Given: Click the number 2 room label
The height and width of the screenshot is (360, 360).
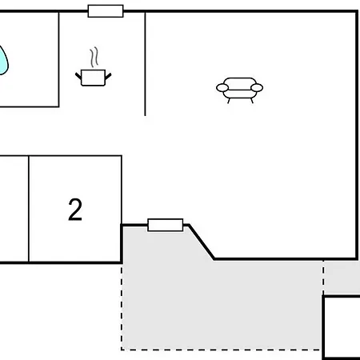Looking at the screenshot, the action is pos(75,210).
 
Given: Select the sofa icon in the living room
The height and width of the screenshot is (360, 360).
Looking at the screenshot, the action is pos(239,90).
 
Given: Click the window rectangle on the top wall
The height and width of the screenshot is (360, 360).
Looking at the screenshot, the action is pos(106,11).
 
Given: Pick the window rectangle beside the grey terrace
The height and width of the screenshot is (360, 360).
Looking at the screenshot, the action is pos(166,225).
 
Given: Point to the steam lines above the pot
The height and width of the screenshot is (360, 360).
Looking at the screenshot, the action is pos(94,57).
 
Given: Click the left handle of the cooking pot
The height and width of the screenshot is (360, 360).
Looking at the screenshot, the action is pos(78,76).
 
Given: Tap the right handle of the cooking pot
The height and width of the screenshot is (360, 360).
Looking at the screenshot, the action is pos(108,77).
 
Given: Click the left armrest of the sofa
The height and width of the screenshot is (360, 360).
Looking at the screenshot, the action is pos(222,88).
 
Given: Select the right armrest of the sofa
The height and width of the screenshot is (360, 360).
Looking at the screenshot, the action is pos(257,88).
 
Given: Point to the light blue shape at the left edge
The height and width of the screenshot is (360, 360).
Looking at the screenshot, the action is pos(3,61).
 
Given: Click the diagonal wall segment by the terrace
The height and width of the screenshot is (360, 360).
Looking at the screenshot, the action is pos(202,242).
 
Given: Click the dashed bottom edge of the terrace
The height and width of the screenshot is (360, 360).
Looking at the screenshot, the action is pos(221,349).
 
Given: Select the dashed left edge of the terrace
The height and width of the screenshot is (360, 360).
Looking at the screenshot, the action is pos(122,306).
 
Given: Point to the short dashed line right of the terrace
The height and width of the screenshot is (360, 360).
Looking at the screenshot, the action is pos(323,277).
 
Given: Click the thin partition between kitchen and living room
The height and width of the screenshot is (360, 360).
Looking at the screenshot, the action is pos(145,63).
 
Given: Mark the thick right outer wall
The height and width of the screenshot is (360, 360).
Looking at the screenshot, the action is pos(357,135).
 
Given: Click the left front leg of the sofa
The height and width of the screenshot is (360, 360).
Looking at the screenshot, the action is pos(229,101).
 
